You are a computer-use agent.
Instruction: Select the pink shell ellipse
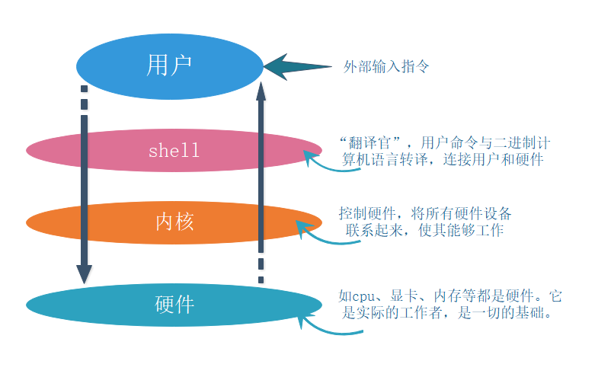(x=91, y=150)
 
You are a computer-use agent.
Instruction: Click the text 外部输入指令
(x=386, y=66)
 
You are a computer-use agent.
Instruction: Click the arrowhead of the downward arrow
(x=84, y=274)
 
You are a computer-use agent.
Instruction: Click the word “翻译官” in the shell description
(x=374, y=142)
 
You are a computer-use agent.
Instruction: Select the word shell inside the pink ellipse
(x=174, y=150)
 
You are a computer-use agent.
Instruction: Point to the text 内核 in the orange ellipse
(x=174, y=222)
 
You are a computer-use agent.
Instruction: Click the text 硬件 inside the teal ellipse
(x=174, y=305)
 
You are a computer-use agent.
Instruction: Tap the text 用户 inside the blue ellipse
(x=168, y=65)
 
